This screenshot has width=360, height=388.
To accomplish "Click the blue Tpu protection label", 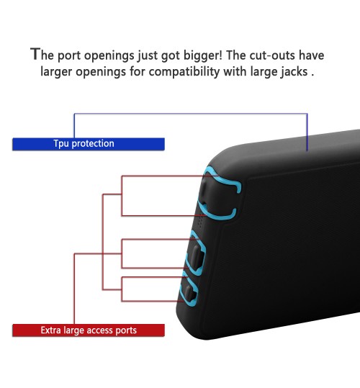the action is click(89, 144).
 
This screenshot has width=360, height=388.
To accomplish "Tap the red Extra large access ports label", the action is click(89, 330).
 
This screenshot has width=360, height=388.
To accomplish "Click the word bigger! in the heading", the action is click(202, 55).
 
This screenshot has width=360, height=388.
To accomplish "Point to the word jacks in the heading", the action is click(294, 72).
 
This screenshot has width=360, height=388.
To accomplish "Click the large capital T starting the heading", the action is click(35, 54).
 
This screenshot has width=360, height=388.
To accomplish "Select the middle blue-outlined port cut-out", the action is click(195, 253).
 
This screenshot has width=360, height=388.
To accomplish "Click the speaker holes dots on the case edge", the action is click(201, 222).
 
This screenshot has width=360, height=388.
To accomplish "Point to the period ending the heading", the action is click(312, 75).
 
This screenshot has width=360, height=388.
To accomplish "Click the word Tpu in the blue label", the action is click(61, 144).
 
